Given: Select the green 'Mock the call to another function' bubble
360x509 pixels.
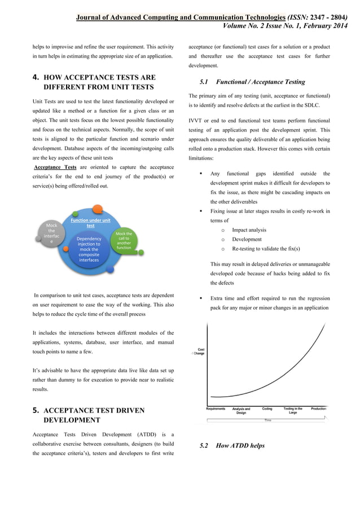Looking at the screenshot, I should coord(124,241).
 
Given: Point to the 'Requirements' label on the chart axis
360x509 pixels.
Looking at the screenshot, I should coord(216,408).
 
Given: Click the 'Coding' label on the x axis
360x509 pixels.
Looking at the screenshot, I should coord(267,408).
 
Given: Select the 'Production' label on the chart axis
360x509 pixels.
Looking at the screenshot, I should coord(319,408).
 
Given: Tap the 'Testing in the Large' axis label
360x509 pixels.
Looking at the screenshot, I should coord(293,410).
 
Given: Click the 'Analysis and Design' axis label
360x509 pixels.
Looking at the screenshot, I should coord(241,410).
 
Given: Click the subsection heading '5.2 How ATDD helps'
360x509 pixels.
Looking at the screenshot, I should coord(232,446).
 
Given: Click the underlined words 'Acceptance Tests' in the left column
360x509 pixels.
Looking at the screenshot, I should coord(55,168).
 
